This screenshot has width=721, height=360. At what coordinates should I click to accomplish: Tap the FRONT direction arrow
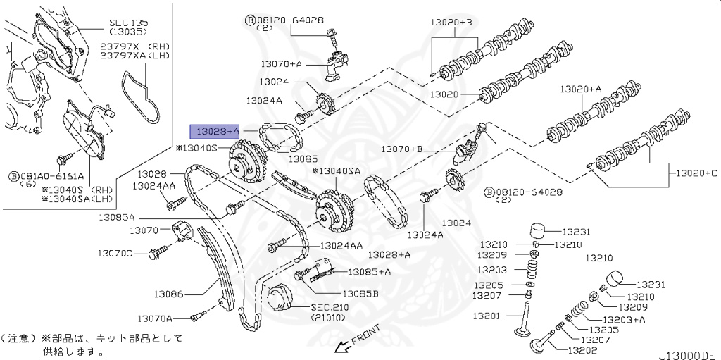[344, 346]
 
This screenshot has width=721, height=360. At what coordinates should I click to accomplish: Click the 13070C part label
[115, 252]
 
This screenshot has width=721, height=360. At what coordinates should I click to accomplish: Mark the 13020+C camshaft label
[696, 173]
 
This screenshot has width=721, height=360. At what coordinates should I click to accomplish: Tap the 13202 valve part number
[581, 349]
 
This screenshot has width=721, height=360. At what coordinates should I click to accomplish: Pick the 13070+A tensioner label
[281, 63]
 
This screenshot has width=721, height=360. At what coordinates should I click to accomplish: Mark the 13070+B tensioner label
[401, 149]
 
